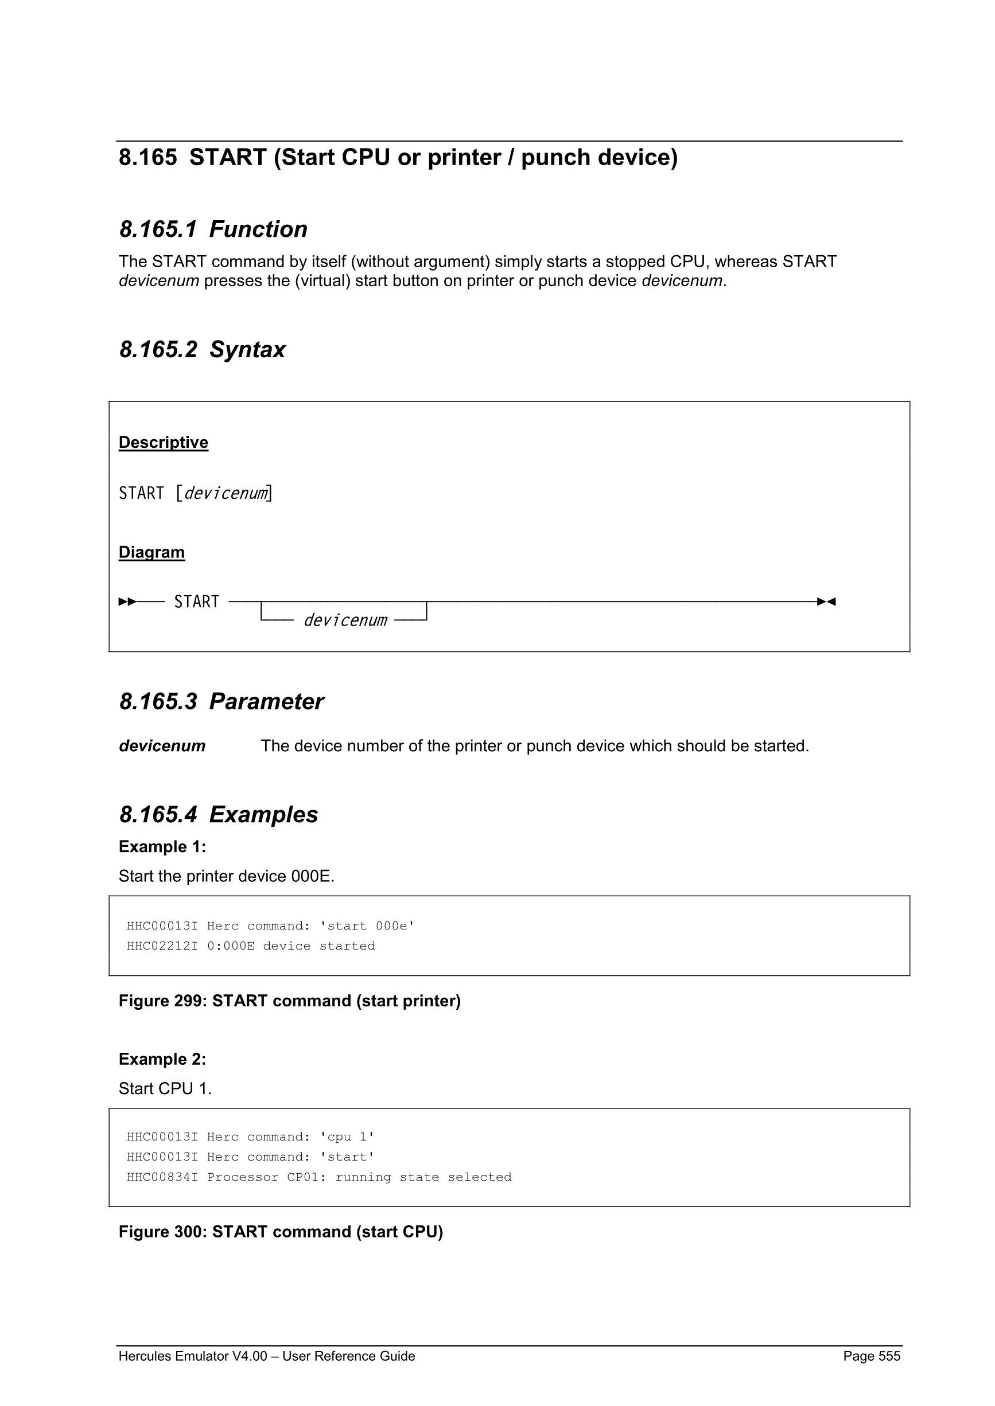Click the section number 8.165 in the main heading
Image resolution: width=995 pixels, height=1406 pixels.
point(147,157)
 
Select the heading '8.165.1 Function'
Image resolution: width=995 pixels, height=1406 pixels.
point(213,229)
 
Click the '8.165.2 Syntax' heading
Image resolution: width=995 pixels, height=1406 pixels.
point(202,350)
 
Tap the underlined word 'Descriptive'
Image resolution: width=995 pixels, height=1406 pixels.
point(164,442)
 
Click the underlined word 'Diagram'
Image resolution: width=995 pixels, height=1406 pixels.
point(152,552)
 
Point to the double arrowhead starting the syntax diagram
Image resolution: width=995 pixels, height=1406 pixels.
point(127,602)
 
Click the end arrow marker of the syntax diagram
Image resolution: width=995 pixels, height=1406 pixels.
point(826,602)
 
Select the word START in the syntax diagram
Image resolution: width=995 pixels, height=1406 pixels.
point(197,602)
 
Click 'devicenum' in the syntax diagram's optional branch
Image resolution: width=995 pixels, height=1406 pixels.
point(345,620)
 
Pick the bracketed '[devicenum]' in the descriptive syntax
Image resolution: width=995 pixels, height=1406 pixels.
point(224,493)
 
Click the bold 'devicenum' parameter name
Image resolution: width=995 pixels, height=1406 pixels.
point(162,746)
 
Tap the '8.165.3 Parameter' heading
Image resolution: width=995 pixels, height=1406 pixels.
point(221,701)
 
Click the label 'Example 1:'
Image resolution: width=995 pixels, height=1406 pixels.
point(162,846)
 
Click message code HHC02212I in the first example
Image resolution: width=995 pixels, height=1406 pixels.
point(162,946)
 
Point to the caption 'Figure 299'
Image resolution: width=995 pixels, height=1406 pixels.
point(163,1001)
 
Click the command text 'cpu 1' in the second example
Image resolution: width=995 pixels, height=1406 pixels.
point(347,1137)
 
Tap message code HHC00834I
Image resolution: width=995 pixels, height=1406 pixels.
point(162,1177)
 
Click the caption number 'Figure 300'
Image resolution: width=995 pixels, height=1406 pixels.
point(163,1232)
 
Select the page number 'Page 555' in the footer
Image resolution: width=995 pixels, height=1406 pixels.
point(871,1356)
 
